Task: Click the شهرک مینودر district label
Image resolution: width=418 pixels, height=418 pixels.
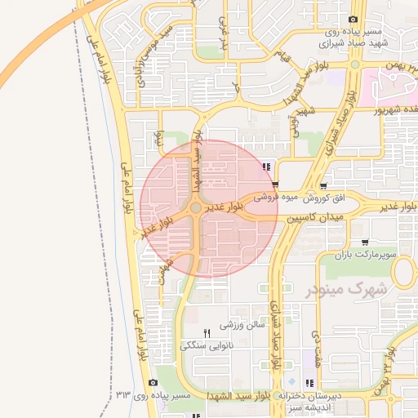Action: (x=346, y=289)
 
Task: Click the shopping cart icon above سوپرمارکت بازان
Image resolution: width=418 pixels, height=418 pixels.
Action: (x=364, y=242)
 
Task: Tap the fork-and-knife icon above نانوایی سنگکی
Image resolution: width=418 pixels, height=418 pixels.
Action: (x=207, y=332)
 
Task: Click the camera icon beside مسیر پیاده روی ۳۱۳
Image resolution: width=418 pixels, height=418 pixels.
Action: (x=153, y=383)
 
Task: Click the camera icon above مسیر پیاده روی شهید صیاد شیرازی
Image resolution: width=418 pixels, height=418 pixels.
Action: (x=353, y=20)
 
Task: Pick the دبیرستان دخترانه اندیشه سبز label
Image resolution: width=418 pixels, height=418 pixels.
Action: (x=314, y=401)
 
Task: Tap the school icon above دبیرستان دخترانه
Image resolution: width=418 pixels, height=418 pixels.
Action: (x=309, y=383)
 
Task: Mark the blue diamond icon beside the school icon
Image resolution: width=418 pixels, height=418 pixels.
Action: (x=291, y=383)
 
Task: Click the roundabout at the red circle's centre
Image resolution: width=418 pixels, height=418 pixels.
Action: (x=196, y=209)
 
